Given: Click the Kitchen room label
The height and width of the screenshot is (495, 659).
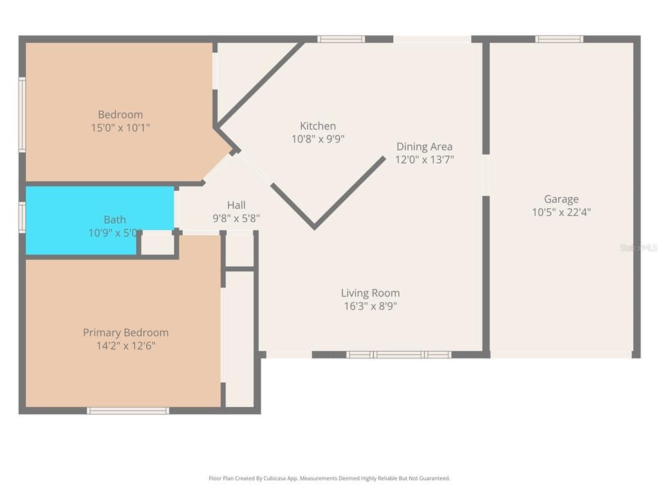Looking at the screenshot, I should pyautogui.click(x=318, y=126).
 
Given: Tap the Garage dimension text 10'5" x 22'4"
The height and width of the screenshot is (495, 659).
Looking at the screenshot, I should pyautogui.click(x=561, y=212).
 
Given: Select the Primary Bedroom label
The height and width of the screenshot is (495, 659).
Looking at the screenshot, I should pyautogui.click(x=125, y=333).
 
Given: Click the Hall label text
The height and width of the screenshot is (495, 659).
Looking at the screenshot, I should pyautogui.click(x=236, y=205).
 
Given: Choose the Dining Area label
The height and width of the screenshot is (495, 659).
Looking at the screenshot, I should pyautogui.click(x=424, y=146).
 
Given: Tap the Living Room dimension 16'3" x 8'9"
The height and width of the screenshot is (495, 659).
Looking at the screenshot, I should pyautogui.click(x=370, y=306).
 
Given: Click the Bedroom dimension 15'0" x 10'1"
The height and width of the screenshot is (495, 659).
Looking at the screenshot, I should pyautogui.click(x=120, y=128).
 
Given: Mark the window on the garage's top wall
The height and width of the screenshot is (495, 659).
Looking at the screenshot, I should pyautogui.click(x=559, y=39).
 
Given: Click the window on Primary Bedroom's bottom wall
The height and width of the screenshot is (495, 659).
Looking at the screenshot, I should pyautogui.click(x=128, y=411).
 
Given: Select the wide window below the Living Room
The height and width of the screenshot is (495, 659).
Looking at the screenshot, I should pyautogui.click(x=398, y=354).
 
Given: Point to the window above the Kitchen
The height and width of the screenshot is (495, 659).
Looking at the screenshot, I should pyautogui.click(x=341, y=39).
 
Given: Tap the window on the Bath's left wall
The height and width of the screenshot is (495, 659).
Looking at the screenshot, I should pyautogui.click(x=23, y=217).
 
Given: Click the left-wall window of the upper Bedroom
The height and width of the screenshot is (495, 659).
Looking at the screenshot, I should pyautogui.click(x=23, y=115).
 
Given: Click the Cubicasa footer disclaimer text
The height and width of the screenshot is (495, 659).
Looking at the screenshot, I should pyautogui.click(x=329, y=478).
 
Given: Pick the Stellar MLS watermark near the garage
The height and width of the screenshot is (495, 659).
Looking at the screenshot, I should pyautogui.click(x=638, y=247).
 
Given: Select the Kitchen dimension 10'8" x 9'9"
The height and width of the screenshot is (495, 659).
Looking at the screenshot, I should pyautogui.click(x=318, y=139).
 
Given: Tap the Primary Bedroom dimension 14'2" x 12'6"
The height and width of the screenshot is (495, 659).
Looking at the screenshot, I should pyautogui.click(x=125, y=345).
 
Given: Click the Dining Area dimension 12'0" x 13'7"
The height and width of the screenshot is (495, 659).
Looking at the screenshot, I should pyautogui.click(x=424, y=160).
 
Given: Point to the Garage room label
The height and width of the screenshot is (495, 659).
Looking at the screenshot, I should pyautogui.click(x=561, y=199).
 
